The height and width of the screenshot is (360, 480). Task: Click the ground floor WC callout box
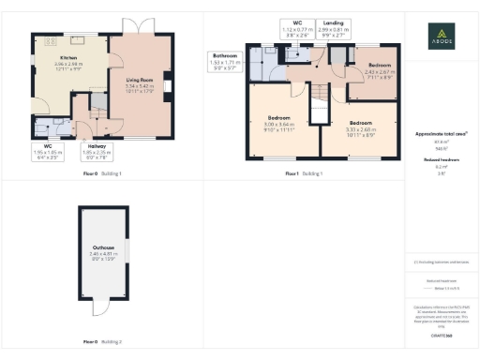(x=47, y=154)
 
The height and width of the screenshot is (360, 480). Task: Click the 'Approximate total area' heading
(x=441, y=134)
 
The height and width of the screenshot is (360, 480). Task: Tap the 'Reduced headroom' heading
(x=441, y=160)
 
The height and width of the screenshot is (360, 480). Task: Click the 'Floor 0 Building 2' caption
(x=97, y=342)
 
